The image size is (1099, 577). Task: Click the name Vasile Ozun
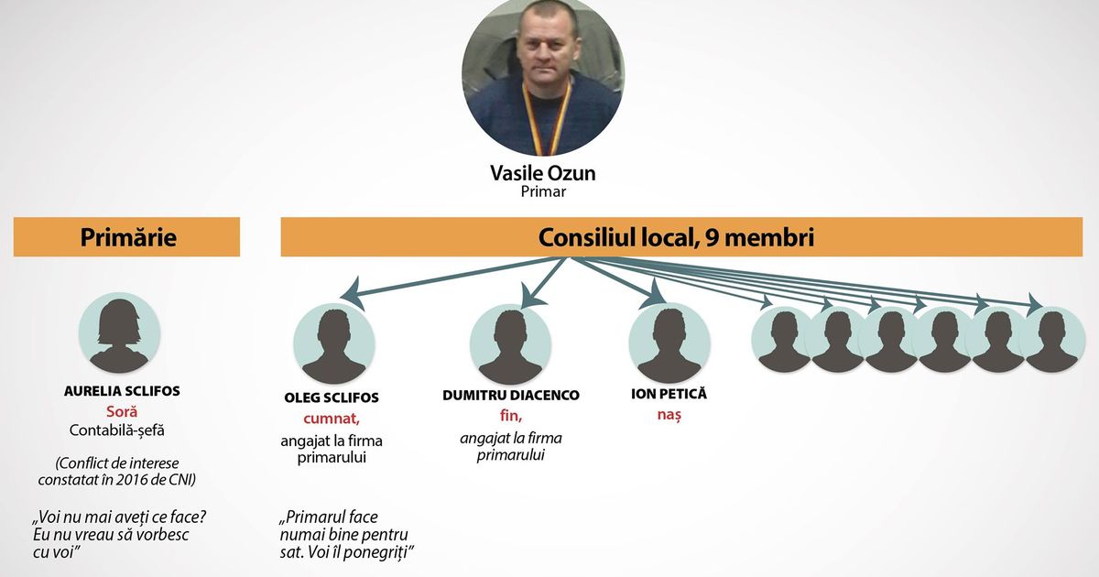[542, 173]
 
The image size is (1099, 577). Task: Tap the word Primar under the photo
[543, 191]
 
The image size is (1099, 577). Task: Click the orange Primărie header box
[126, 237]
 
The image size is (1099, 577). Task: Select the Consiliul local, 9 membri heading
[676, 237]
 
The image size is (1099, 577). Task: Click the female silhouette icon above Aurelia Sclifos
[119, 332]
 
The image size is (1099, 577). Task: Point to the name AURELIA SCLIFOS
[122, 391]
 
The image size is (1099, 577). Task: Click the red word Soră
[122, 411]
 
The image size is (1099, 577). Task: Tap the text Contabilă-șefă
[117, 430]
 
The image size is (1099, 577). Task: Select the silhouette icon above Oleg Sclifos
[334, 343]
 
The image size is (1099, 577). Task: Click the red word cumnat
[332, 419]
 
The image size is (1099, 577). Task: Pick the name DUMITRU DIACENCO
[511, 396]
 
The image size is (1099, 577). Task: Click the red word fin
[511, 416]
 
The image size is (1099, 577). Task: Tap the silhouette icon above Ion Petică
[669, 343]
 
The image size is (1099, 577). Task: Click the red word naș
[669, 415]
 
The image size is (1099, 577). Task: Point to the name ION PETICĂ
[669, 394]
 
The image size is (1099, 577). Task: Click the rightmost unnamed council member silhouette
[1051, 340]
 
